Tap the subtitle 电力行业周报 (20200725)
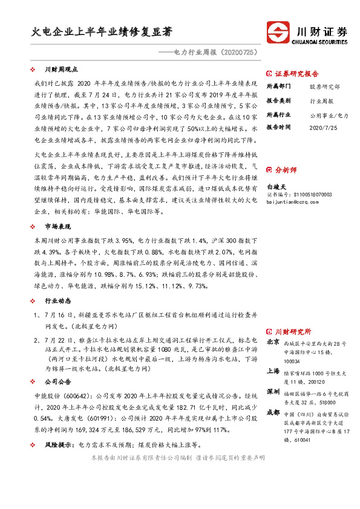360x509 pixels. tap(215, 53)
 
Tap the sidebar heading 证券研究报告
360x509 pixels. tap(296, 74)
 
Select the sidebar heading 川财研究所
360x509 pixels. tap(292, 332)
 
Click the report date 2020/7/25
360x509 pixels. tap(322, 128)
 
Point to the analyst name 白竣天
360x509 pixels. tap(275, 187)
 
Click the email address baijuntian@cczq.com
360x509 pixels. tap(292, 203)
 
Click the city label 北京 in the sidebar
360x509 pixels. tap(273, 342)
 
